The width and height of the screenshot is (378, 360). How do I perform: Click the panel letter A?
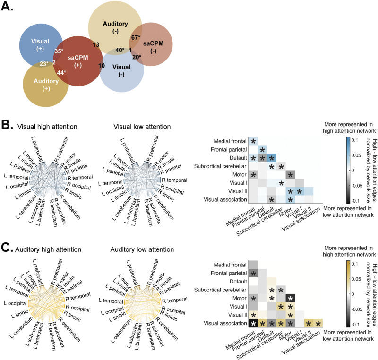8,9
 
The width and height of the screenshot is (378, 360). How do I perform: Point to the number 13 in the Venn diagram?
96,44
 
